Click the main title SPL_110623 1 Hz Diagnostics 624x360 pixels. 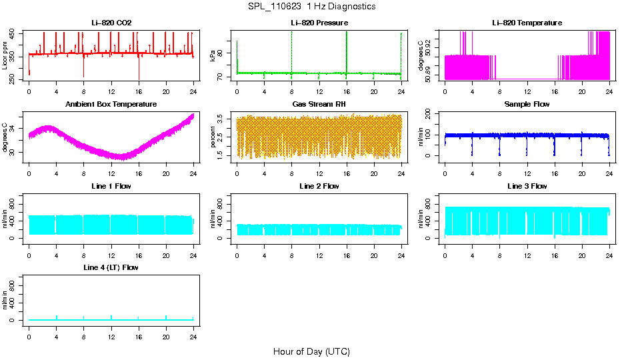[311, 7]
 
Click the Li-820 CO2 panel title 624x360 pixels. [111, 23]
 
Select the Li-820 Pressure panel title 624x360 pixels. [319, 23]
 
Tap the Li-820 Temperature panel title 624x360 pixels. [527, 23]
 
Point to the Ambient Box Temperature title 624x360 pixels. [111, 105]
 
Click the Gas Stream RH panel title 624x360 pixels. [319, 105]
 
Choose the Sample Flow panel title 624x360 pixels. [527, 105]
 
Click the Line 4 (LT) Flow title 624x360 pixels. [111, 267]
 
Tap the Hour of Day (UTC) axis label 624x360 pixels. [311, 351]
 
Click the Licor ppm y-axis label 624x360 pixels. [5, 56]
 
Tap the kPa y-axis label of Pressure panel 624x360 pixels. [213, 56]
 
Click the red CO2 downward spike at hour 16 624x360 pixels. [139, 70]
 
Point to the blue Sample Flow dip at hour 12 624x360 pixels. [527, 148]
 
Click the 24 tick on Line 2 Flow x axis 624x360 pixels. [401, 247]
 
